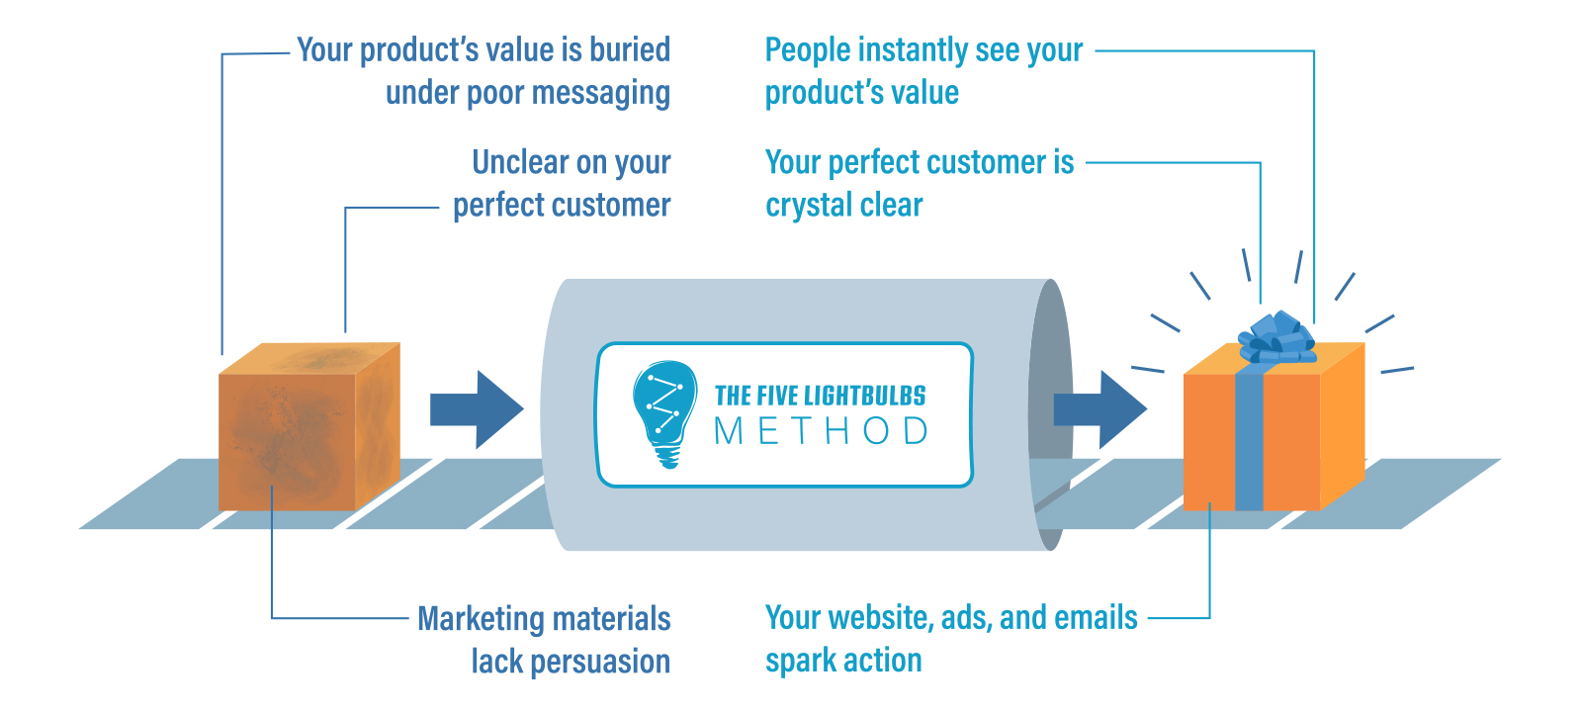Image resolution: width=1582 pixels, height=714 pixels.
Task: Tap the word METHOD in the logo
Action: pos(821,431)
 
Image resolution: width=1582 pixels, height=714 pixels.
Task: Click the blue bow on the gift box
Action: pos(1276,337)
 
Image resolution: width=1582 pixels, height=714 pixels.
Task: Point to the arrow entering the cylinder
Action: pos(477,409)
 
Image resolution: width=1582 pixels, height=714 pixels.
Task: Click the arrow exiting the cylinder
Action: pos(1100,409)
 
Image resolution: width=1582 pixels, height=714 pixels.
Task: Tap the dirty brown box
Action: pos(309,426)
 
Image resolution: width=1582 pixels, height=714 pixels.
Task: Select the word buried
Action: pos(630,50)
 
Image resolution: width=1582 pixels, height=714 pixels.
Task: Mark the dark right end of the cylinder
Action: pos(1051,414)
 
